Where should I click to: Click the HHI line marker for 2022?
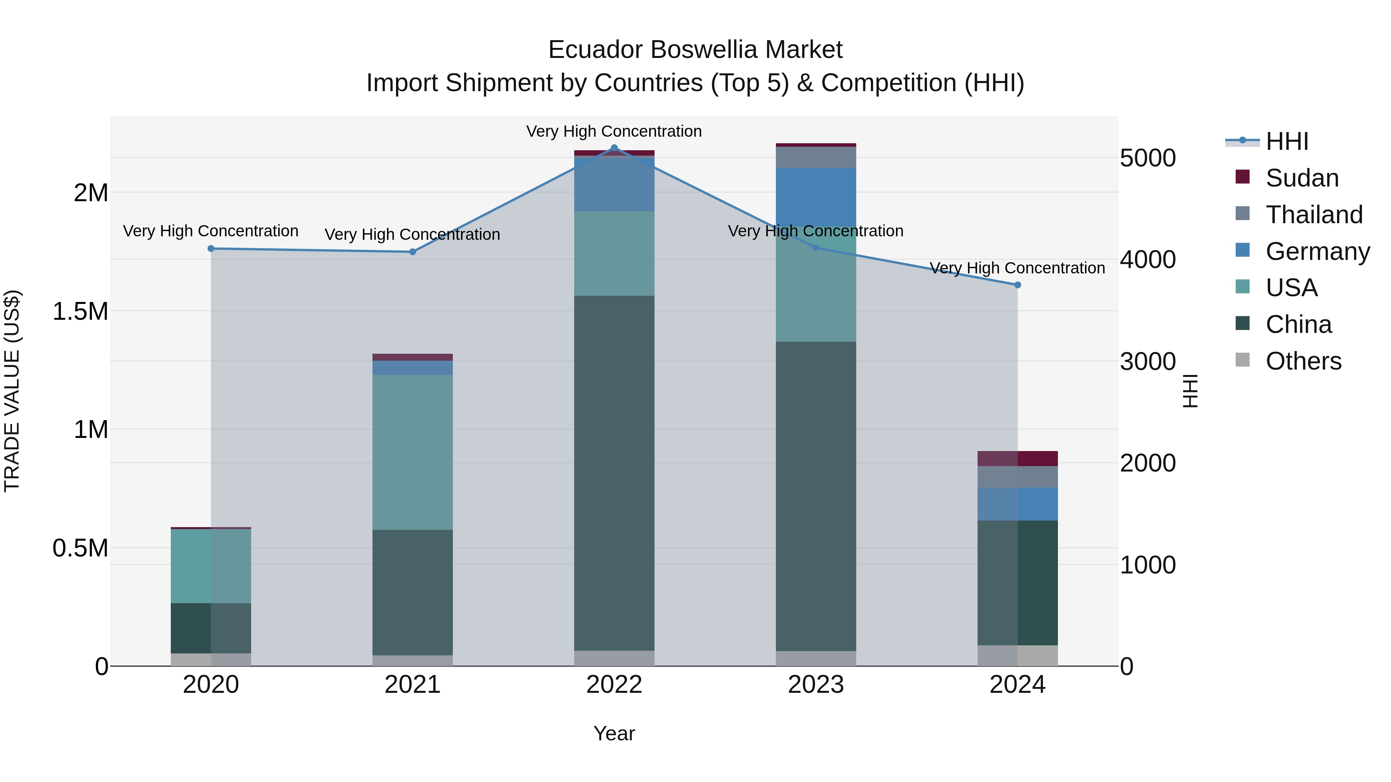(x=614, y=148)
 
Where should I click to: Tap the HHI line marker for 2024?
(x=1017, y=285)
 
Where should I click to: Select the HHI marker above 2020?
(x=211, y=249)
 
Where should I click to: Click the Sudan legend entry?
(x=1301, y=178)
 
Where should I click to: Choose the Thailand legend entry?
(x=1314, y=215)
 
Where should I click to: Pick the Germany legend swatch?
(x=1243, y=250)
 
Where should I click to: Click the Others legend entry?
(x=1303, y=361)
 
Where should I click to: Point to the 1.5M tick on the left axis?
(x=80, y=311)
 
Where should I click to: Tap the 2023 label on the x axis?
(x=815, y=685)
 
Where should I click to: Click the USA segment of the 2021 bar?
(x=413, y=452)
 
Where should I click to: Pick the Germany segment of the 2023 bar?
(x=815, y=197)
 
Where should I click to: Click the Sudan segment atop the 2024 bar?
(x=1017, y=458)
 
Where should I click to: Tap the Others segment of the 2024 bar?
(x=1017, y=655)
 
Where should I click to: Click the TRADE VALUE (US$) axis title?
(x=12, y=391)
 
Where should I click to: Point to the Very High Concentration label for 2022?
(x=614, y=131)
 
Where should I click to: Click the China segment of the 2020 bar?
(x=211, y=628)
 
